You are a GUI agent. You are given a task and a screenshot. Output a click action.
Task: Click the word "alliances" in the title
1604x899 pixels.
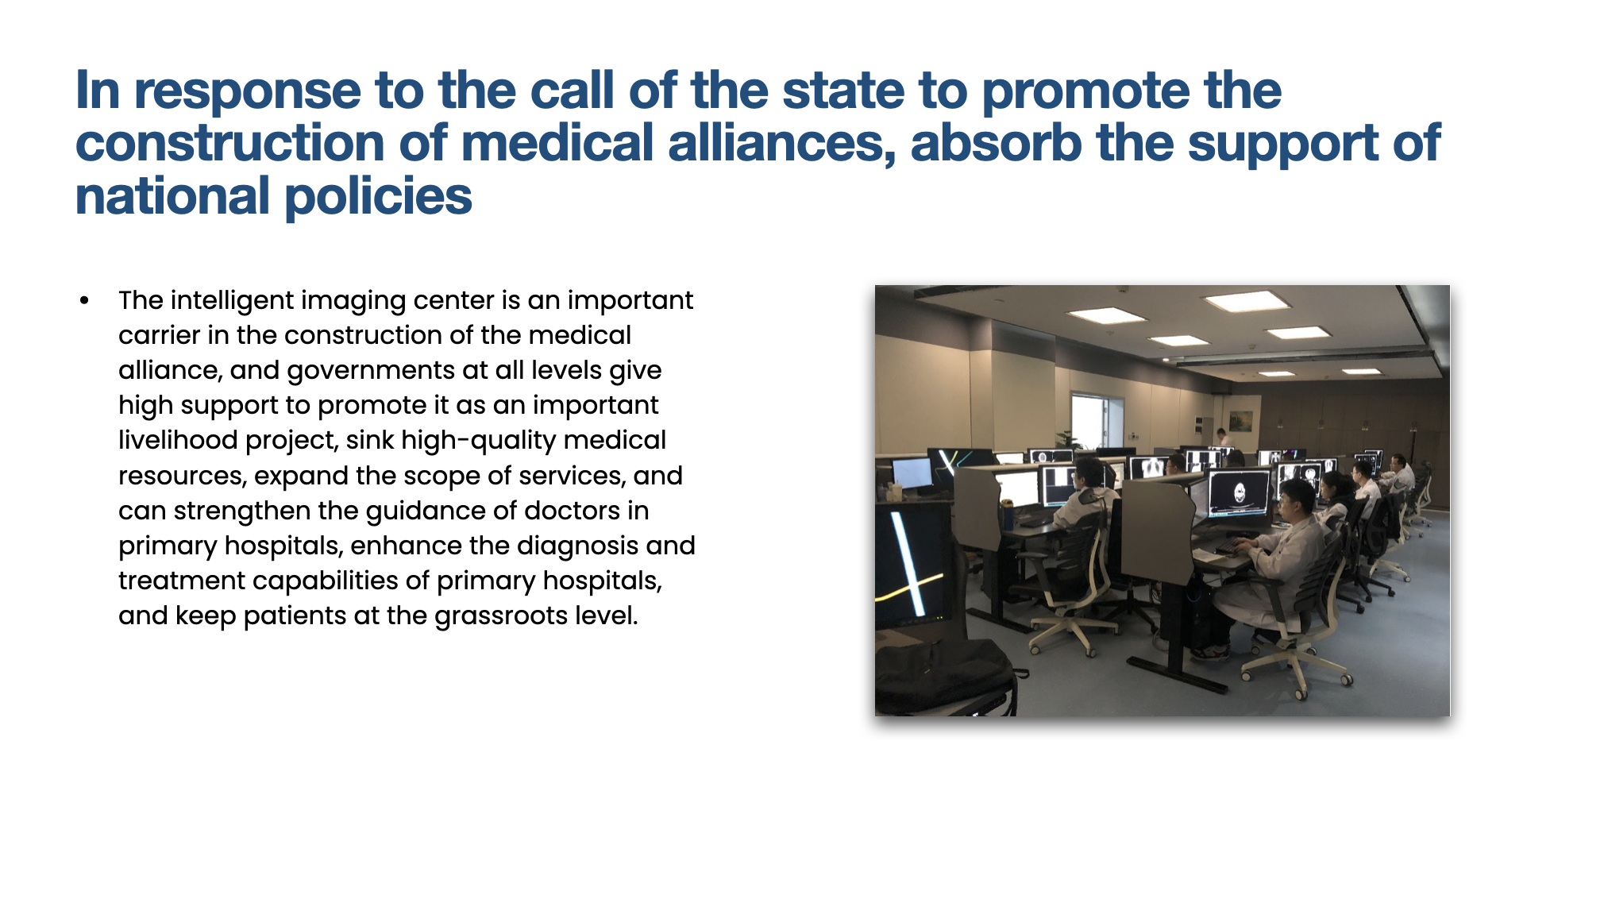click(x=782, y=143)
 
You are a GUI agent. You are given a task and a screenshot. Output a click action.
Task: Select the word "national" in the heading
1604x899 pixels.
click(x=172, y=196)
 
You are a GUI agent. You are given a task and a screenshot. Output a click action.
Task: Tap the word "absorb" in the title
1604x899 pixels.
click(x=997, y=143)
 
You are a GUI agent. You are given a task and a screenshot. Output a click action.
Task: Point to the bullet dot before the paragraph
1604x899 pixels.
click(x=84, y=301)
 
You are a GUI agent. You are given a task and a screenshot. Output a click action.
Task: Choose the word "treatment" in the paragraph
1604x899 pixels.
click(x=182, y=581)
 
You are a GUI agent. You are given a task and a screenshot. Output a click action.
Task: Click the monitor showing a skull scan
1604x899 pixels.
click(x=1239, y=493)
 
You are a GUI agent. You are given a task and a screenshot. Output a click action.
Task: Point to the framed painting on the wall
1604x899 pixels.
click(x=1240, y=420)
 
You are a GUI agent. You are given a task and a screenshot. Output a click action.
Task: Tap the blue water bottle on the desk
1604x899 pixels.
click(x=1008, y=515)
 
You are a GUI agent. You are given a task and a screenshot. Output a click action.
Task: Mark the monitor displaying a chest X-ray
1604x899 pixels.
click(x=1147, y=468)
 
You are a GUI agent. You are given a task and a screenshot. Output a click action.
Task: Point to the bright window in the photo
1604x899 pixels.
click(x=1087, y=422)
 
